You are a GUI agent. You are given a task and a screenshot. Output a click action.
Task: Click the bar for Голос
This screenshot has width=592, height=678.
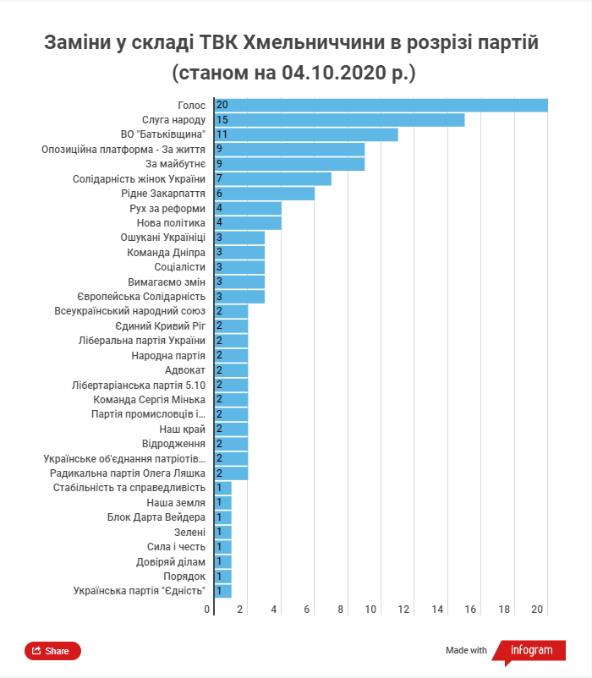tap(381, 105)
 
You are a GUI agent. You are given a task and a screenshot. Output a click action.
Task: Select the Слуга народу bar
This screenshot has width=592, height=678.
tap(339, 120)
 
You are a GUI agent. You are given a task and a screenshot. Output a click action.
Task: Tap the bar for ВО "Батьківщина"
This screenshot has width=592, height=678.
tap(306, 134)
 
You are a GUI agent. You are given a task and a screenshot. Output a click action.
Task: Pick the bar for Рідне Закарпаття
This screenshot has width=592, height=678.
tap(264, 194)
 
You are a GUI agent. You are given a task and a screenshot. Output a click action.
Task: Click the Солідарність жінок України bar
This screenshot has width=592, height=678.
tap(272, 178)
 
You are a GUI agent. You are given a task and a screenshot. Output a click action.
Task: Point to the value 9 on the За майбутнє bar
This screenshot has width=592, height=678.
tap(219, 164)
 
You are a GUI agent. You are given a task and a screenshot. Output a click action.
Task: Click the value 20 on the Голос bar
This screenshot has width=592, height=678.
tap(222, 105)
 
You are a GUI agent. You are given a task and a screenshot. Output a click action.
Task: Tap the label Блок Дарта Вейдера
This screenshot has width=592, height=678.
tap(156, 517)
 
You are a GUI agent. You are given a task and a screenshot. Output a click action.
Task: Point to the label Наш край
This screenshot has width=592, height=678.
tap(183, 429)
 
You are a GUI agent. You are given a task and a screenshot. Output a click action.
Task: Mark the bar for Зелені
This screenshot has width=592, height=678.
tap(222, 532)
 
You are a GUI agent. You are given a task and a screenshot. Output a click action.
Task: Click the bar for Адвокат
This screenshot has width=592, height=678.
tap(231, 370)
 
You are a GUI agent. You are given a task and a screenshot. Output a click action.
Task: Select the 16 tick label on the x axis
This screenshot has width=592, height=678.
tap(471, 610)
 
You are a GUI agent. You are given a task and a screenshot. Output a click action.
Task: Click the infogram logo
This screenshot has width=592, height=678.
tap(531, 650)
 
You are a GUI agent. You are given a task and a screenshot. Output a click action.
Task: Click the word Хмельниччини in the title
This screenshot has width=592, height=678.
tap(317, 42)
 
